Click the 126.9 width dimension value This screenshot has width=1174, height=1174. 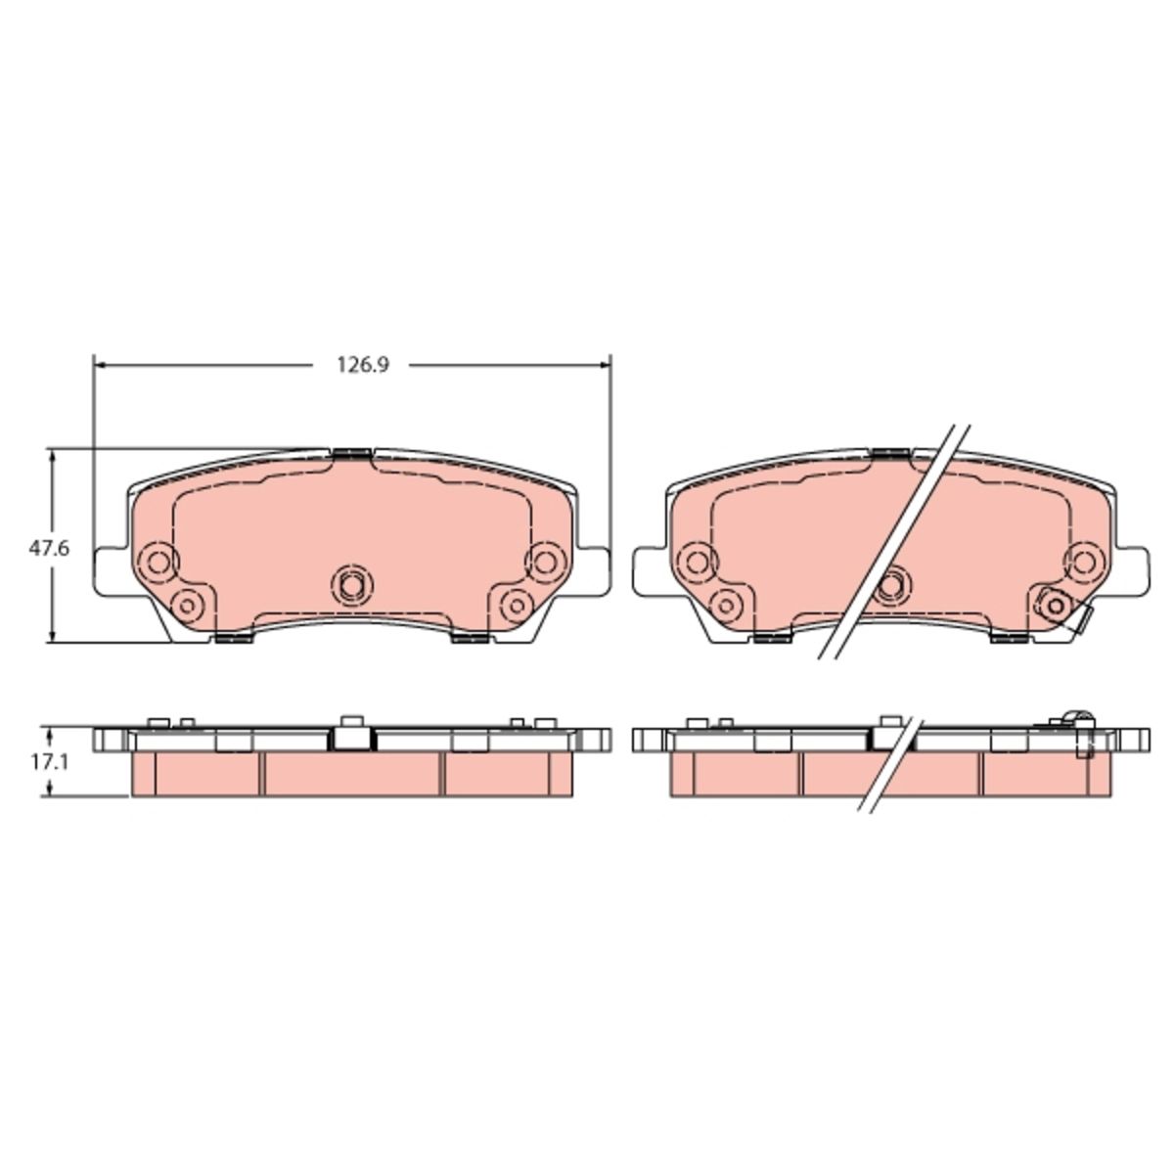pyautogui.click(x=363, y=365)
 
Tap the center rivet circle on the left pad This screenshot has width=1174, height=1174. pyautogui.click(x=351, y=585)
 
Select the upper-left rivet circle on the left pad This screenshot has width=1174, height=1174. pyautogui.click(x=158, y=560)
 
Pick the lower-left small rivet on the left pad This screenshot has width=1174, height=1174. pyautogui.click(x=188, y=606)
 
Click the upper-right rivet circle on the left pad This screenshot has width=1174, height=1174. pyautogui.click(x=544, y=560)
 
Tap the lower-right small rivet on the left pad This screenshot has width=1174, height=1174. pyautogui.click(x=517, y=606)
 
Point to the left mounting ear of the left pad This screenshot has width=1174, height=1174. pyautogui.click(x=111, y=569)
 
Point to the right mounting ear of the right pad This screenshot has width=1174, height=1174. pyautogui.click(x=1132, y=569)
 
